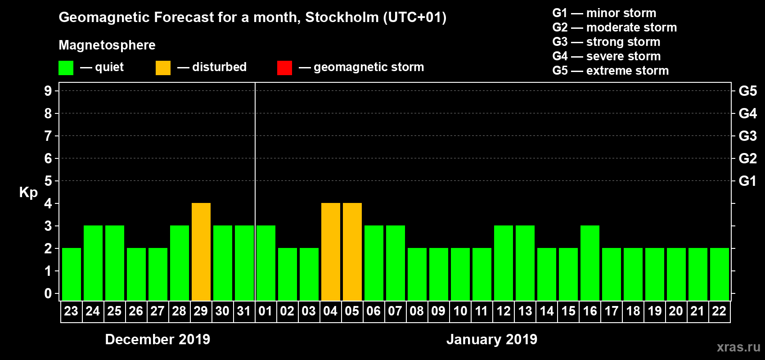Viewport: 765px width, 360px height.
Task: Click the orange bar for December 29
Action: point(201,252)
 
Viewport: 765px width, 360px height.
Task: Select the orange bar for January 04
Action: point(331,252)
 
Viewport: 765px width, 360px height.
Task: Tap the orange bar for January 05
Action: point(352,252)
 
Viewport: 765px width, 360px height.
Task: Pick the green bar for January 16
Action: point(590,263)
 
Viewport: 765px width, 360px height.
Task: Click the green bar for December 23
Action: point(72,274)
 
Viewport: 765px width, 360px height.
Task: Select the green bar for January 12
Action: point(504,263)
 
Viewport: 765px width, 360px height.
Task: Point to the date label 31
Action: point(244,311)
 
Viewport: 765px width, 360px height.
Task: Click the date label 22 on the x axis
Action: point(719,311)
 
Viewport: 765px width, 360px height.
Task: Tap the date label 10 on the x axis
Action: point(460,311)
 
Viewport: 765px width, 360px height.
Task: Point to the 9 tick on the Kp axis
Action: point(48,91)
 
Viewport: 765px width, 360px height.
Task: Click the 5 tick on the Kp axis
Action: point(48,181)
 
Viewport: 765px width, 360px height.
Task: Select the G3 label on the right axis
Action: point(747,136)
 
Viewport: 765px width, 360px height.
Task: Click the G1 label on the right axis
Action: point(747,181)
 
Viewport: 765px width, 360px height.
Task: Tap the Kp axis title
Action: point(28,192)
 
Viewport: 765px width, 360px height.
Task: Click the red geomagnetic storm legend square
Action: point(284,68)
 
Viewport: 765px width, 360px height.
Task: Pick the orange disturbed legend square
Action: point(163,68)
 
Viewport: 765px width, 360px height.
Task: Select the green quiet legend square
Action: point(66,68)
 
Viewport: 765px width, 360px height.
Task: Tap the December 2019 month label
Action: point(157,339)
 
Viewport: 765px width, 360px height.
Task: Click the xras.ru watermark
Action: point(738,347)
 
